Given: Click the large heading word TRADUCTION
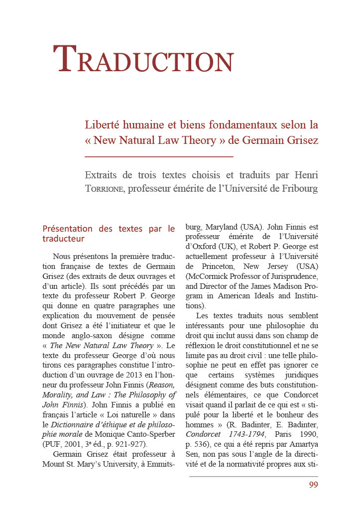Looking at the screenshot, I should pos(143,59).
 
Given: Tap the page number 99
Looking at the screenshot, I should pos(313,485).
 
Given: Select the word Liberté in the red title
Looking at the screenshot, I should pos(103,124).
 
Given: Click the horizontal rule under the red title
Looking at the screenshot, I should pos(159,156).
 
